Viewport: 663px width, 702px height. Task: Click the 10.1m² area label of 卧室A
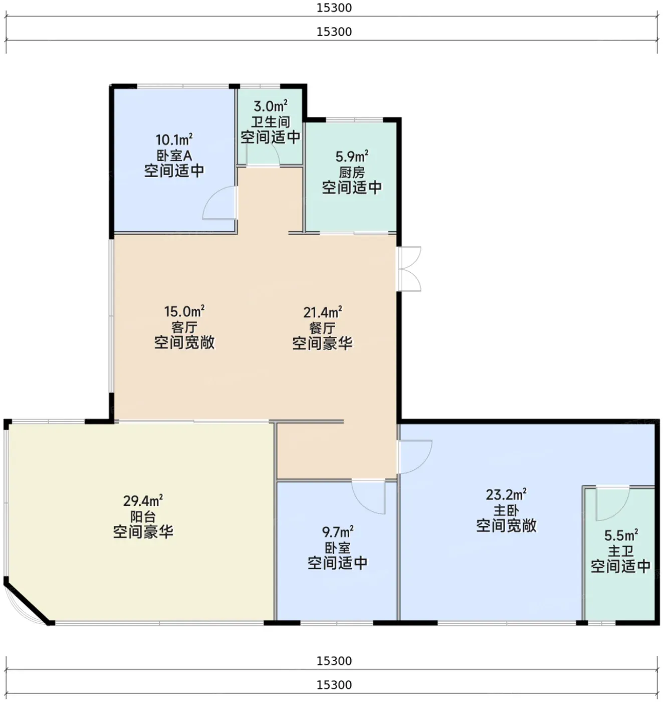174,139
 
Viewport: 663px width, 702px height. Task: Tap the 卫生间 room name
270,121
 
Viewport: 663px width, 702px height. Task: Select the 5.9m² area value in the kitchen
352,156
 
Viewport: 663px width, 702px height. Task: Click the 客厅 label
184,327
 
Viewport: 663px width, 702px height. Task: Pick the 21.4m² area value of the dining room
322,312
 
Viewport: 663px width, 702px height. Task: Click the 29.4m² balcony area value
143,500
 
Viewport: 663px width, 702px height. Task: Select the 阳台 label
143,516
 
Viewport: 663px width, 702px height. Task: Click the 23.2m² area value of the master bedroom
506,494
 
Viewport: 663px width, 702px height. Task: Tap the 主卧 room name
506,511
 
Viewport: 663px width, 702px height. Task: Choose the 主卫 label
620,551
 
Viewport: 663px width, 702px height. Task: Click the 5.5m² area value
620,536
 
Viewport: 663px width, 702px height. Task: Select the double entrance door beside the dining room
410,269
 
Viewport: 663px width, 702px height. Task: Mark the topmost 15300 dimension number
334,8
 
